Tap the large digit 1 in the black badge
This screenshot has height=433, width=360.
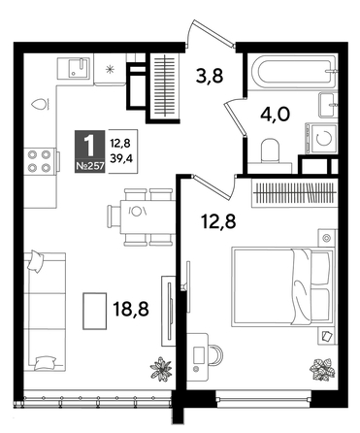90,144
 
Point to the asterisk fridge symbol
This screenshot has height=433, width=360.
110,70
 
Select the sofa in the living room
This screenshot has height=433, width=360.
44,311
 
